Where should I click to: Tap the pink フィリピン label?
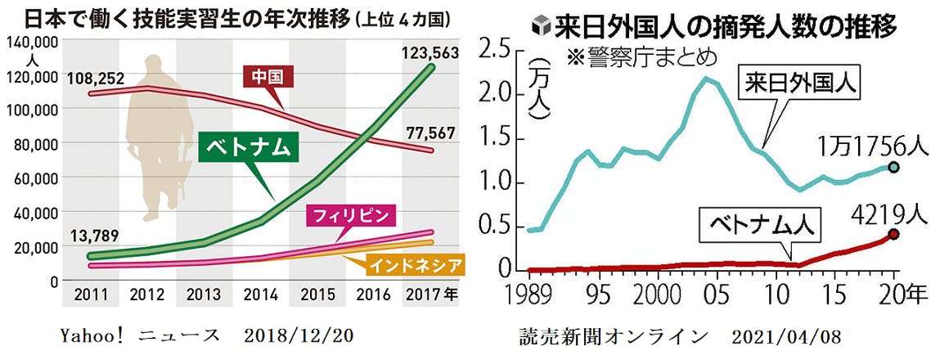click(x=350, y=217)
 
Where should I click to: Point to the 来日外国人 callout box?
click(x=801, y=84)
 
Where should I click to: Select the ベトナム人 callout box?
click(x=758, y=225)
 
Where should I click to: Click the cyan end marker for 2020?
click(x=894, y=167)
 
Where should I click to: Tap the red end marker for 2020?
click(x=894, y=235)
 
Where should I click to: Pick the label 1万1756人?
click(x=873, y=145)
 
